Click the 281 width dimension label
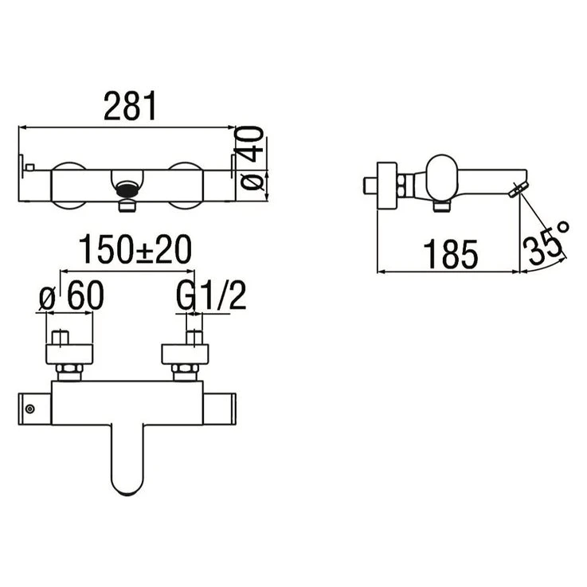pyautogui.click(x=130, y=106)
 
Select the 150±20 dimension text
pyautogui.click(x=135, y=250)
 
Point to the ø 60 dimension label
pyautogui.click(x=72, y=295)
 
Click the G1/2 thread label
pyautogui.click(x=211, y=295)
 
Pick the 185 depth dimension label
pyautogui.click(x=450, y=254)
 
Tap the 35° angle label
pyautogui.click(x=545, y=241)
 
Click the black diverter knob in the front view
pyautogui.click(x=127, y=189)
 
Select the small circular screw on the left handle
pyautogui.click(x=30, y=409)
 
